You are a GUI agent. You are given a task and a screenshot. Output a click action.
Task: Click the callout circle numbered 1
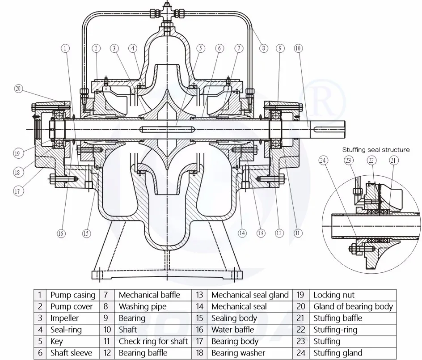66,48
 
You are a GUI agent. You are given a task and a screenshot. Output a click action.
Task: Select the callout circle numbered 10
298,48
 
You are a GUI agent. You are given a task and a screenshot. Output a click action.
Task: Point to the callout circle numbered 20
18,89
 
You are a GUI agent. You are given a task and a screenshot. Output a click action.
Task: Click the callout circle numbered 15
86,233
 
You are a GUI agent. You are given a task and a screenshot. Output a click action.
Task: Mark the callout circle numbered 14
242,233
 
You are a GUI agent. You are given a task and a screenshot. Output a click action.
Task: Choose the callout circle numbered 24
324,160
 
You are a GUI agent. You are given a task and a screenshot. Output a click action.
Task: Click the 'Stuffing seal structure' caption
376,150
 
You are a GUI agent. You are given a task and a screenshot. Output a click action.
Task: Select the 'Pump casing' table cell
72,295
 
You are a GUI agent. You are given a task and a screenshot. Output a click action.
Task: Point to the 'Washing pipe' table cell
142,306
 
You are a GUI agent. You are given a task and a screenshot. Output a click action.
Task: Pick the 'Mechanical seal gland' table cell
250,295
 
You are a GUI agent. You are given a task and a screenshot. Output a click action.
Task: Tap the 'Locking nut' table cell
333,295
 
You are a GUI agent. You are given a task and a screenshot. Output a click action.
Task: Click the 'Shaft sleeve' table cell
72,353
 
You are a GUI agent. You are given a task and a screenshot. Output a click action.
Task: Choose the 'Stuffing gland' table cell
338,353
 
